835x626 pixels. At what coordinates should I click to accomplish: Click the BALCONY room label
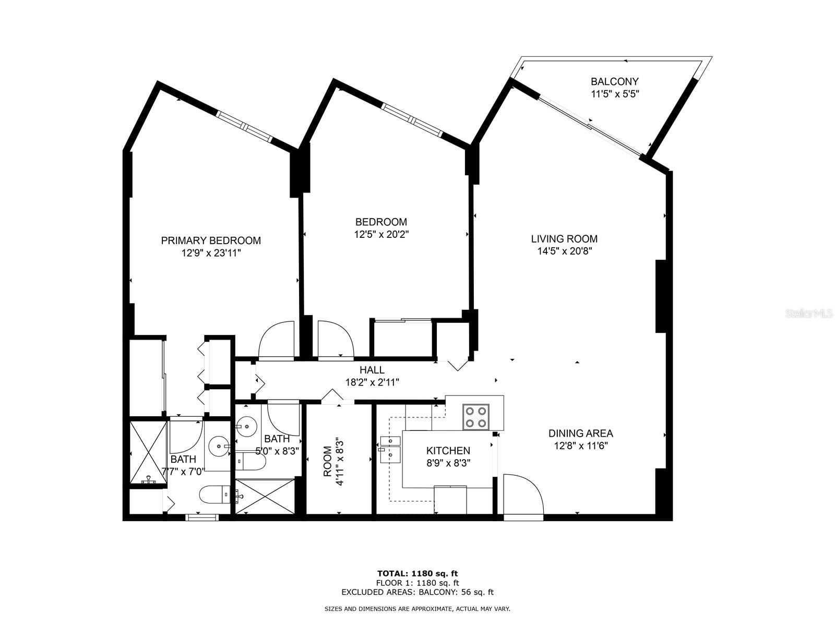(x=614, y=81)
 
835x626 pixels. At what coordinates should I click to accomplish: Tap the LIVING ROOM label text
(x=564, y=239)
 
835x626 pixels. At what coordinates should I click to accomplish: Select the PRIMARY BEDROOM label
(x=211, y=240)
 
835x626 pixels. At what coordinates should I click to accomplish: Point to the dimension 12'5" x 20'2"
(x=381, y=234)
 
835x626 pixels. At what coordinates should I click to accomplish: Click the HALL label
(x=372, y=369)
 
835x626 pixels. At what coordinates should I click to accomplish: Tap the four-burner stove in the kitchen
(x=476, y=417)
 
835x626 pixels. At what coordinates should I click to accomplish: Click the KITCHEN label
(x=448, y=451)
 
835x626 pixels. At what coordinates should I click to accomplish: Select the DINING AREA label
(x=580, y=434)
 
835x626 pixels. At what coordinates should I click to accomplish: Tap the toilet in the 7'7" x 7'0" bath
(x=214, y=495)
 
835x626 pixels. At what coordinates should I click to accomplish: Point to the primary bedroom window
(x=244, y=126)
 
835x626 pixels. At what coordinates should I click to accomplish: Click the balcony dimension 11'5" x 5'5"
(x=615, y=94)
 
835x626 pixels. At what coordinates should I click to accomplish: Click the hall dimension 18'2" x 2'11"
(x=372, y=382)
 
